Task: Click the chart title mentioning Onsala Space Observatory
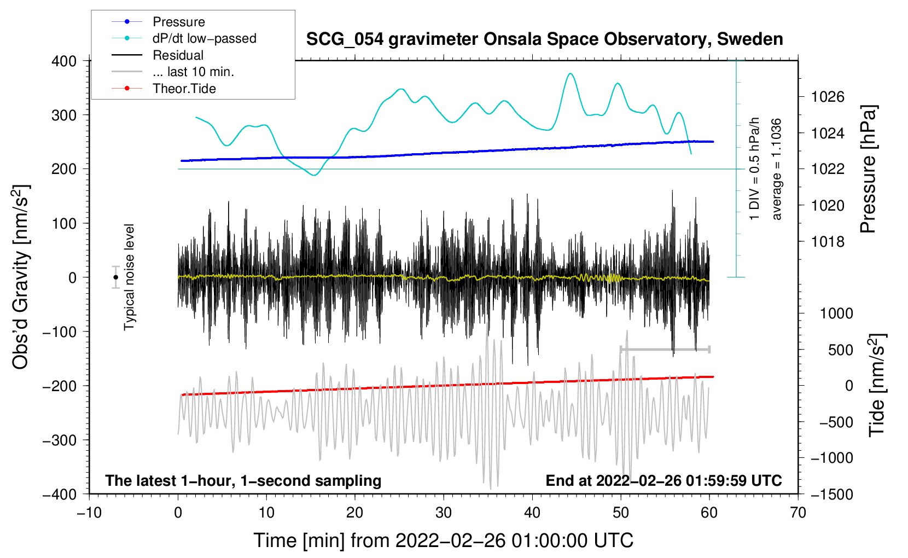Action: pos(544,39)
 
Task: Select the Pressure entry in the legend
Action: pos(178,22)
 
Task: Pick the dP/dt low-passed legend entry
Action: pos(204,38)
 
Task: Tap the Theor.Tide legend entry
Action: pos(184,89)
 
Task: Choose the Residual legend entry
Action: pos(178,55)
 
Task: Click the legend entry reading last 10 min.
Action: pos(193,72)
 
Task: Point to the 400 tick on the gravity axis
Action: pos(64,61)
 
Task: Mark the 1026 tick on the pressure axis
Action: pos(828,97)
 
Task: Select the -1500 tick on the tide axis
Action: pos(831,494)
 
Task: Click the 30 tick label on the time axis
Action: pos(444,513)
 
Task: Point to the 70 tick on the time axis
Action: pos(798,513)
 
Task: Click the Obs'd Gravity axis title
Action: pos(21,277)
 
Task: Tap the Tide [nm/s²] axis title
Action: pos(877,385)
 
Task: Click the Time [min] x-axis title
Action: pos(443,540)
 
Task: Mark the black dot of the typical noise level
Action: pos(115,277)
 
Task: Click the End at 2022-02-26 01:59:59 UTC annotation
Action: pos(663,480)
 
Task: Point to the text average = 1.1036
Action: pos(777,169)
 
